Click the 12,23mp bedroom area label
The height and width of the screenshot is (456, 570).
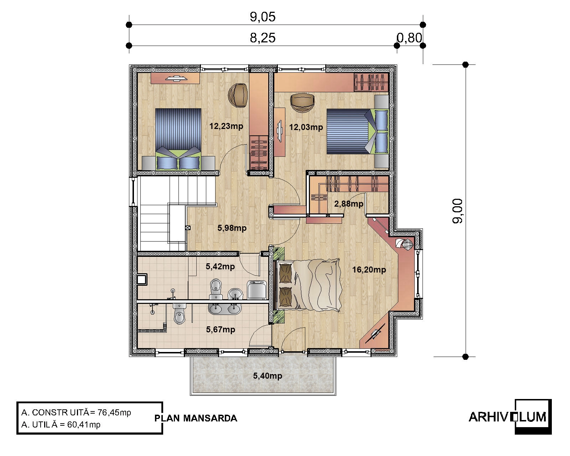(226, 126)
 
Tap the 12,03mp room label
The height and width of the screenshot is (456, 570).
(306, 127)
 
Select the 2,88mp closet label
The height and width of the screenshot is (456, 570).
(348, 204)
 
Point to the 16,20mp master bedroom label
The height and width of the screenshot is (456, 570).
(369, 270)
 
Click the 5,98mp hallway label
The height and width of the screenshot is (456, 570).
(232, 228)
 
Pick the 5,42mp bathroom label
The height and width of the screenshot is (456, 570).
(221, 266)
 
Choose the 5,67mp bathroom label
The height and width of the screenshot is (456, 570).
(221, 329)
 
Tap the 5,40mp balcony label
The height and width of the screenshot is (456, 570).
(268, 376)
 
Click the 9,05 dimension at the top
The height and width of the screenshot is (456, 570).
(263, 17)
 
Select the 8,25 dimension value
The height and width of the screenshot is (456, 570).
(263, 38)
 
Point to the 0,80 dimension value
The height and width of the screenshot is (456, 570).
(409, 38)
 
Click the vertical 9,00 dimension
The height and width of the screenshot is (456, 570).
(457, 211)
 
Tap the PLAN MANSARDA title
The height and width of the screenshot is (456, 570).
(196, 418)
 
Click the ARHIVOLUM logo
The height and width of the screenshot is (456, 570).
(510, 417)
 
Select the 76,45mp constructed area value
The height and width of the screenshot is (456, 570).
(114, 413)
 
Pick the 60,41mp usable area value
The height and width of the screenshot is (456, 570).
(84, 425)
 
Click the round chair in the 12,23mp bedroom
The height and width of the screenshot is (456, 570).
(238, 95)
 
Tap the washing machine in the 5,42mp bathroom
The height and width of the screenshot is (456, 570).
(256, 290)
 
